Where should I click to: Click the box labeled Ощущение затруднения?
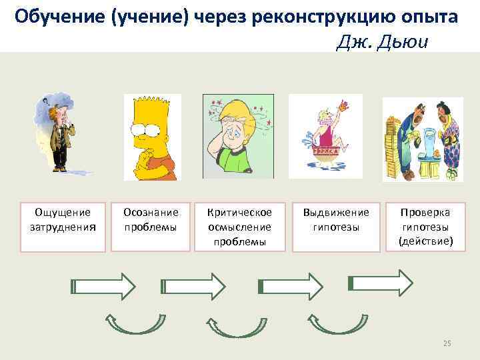[63, 227]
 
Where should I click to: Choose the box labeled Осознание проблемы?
[151, 227]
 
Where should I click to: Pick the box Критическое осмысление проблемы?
[239, 227]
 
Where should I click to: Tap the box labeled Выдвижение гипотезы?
[335, 227]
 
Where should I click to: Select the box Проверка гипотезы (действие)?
[425, 227]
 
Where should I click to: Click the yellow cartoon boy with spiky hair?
[152, 137]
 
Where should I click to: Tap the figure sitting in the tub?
[325, 137]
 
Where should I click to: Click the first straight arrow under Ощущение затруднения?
[103, 286]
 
